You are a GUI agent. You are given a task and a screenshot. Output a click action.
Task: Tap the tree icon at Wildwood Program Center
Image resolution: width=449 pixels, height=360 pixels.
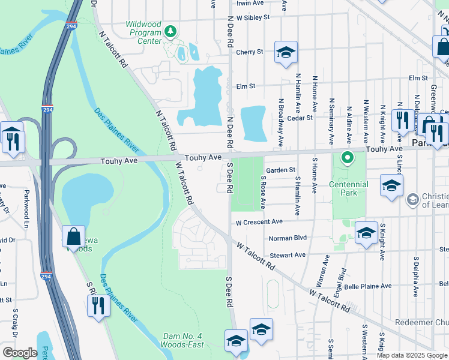pos(170,31)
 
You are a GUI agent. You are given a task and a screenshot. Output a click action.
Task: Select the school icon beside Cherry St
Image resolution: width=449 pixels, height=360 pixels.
pos(286,53)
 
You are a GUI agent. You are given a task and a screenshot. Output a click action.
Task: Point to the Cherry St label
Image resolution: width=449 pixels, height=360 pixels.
pos(250,52)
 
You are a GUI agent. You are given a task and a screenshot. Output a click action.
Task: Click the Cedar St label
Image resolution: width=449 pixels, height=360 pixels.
pos(300,118)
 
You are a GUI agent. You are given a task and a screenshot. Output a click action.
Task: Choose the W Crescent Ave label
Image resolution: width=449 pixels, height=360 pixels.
pos(259,222)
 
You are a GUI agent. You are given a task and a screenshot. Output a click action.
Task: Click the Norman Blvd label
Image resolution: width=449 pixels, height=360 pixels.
pos(288,238)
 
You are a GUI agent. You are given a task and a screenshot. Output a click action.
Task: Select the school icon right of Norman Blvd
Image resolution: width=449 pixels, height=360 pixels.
pos(366,233)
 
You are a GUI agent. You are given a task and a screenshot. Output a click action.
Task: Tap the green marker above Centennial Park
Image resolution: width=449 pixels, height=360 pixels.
pos(347,159)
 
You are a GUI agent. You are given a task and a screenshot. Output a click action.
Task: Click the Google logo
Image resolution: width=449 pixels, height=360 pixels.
pos(20,353)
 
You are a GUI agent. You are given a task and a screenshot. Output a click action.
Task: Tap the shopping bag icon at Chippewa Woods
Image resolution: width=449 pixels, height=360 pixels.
pos(73,237)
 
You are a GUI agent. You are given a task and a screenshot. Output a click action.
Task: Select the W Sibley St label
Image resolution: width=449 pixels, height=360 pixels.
pos(253,18)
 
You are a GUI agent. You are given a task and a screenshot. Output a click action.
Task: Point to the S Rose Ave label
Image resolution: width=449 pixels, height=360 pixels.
pos(263,192)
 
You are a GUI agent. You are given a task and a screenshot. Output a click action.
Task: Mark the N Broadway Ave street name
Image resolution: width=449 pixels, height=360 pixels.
pos(280,122)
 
